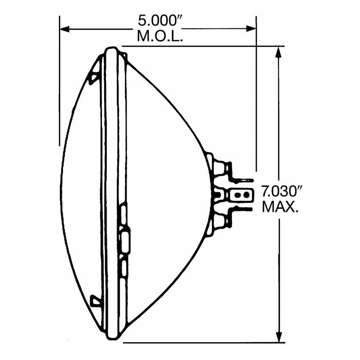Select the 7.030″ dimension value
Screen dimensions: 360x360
tap(280, 191)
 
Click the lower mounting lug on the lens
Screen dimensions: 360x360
tap(95, 301)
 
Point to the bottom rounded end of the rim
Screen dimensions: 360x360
tap(111, 335)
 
